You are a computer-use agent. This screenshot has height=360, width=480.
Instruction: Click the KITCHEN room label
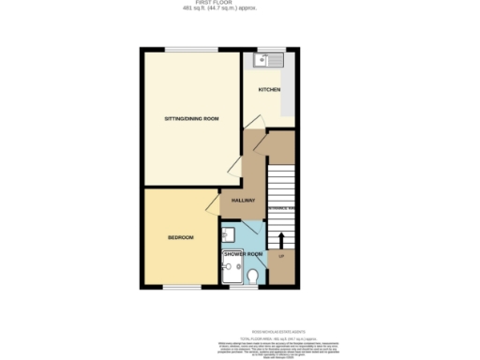tap(270, 90)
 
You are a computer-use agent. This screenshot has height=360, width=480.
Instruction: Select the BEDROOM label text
tap(181, 237)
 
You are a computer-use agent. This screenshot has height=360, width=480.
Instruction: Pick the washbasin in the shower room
tap(229, 234)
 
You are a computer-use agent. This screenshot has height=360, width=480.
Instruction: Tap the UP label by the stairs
tap(281, 255)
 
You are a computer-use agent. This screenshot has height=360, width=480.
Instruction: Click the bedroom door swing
tap(213, 199)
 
